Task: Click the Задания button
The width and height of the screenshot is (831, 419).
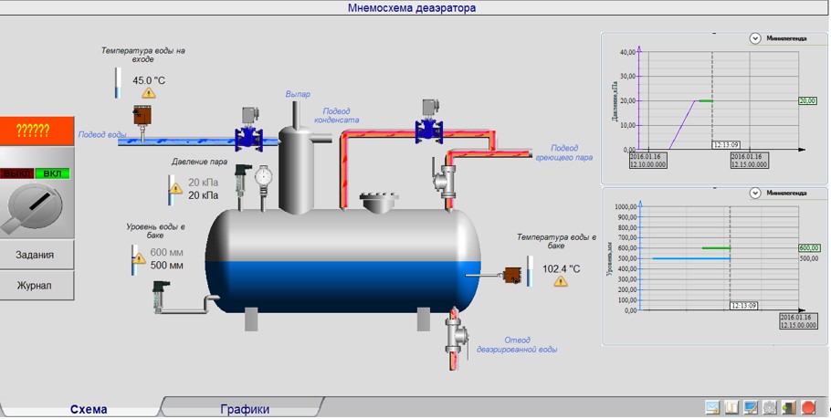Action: point(37,255)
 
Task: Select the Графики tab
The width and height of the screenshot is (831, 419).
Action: point(245,409)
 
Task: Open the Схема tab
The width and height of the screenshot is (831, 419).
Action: point(89,409)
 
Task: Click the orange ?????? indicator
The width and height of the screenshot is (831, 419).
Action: point(37,131)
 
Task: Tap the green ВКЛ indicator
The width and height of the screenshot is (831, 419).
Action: point(54,173)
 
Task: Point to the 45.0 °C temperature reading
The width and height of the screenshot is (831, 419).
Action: point(149,80)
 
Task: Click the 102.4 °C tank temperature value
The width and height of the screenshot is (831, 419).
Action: point(562,268)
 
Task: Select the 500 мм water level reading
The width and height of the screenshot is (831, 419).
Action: point(166,266)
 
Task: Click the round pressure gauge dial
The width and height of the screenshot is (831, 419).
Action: point(264,175)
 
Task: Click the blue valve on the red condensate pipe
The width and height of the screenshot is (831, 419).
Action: point(426,130)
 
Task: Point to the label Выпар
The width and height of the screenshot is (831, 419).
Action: point(298,94)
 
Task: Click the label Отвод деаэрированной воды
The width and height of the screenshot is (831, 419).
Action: point(517,344)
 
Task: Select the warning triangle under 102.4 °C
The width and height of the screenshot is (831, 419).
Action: point(560,281)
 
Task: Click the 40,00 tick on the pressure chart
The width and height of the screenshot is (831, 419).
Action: point(626,52)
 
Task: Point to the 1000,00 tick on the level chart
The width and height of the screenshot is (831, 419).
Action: point(623,206)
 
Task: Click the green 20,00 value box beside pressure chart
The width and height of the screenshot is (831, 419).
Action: point(809,101)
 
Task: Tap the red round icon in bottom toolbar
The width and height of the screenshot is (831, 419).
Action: point(808,407)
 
